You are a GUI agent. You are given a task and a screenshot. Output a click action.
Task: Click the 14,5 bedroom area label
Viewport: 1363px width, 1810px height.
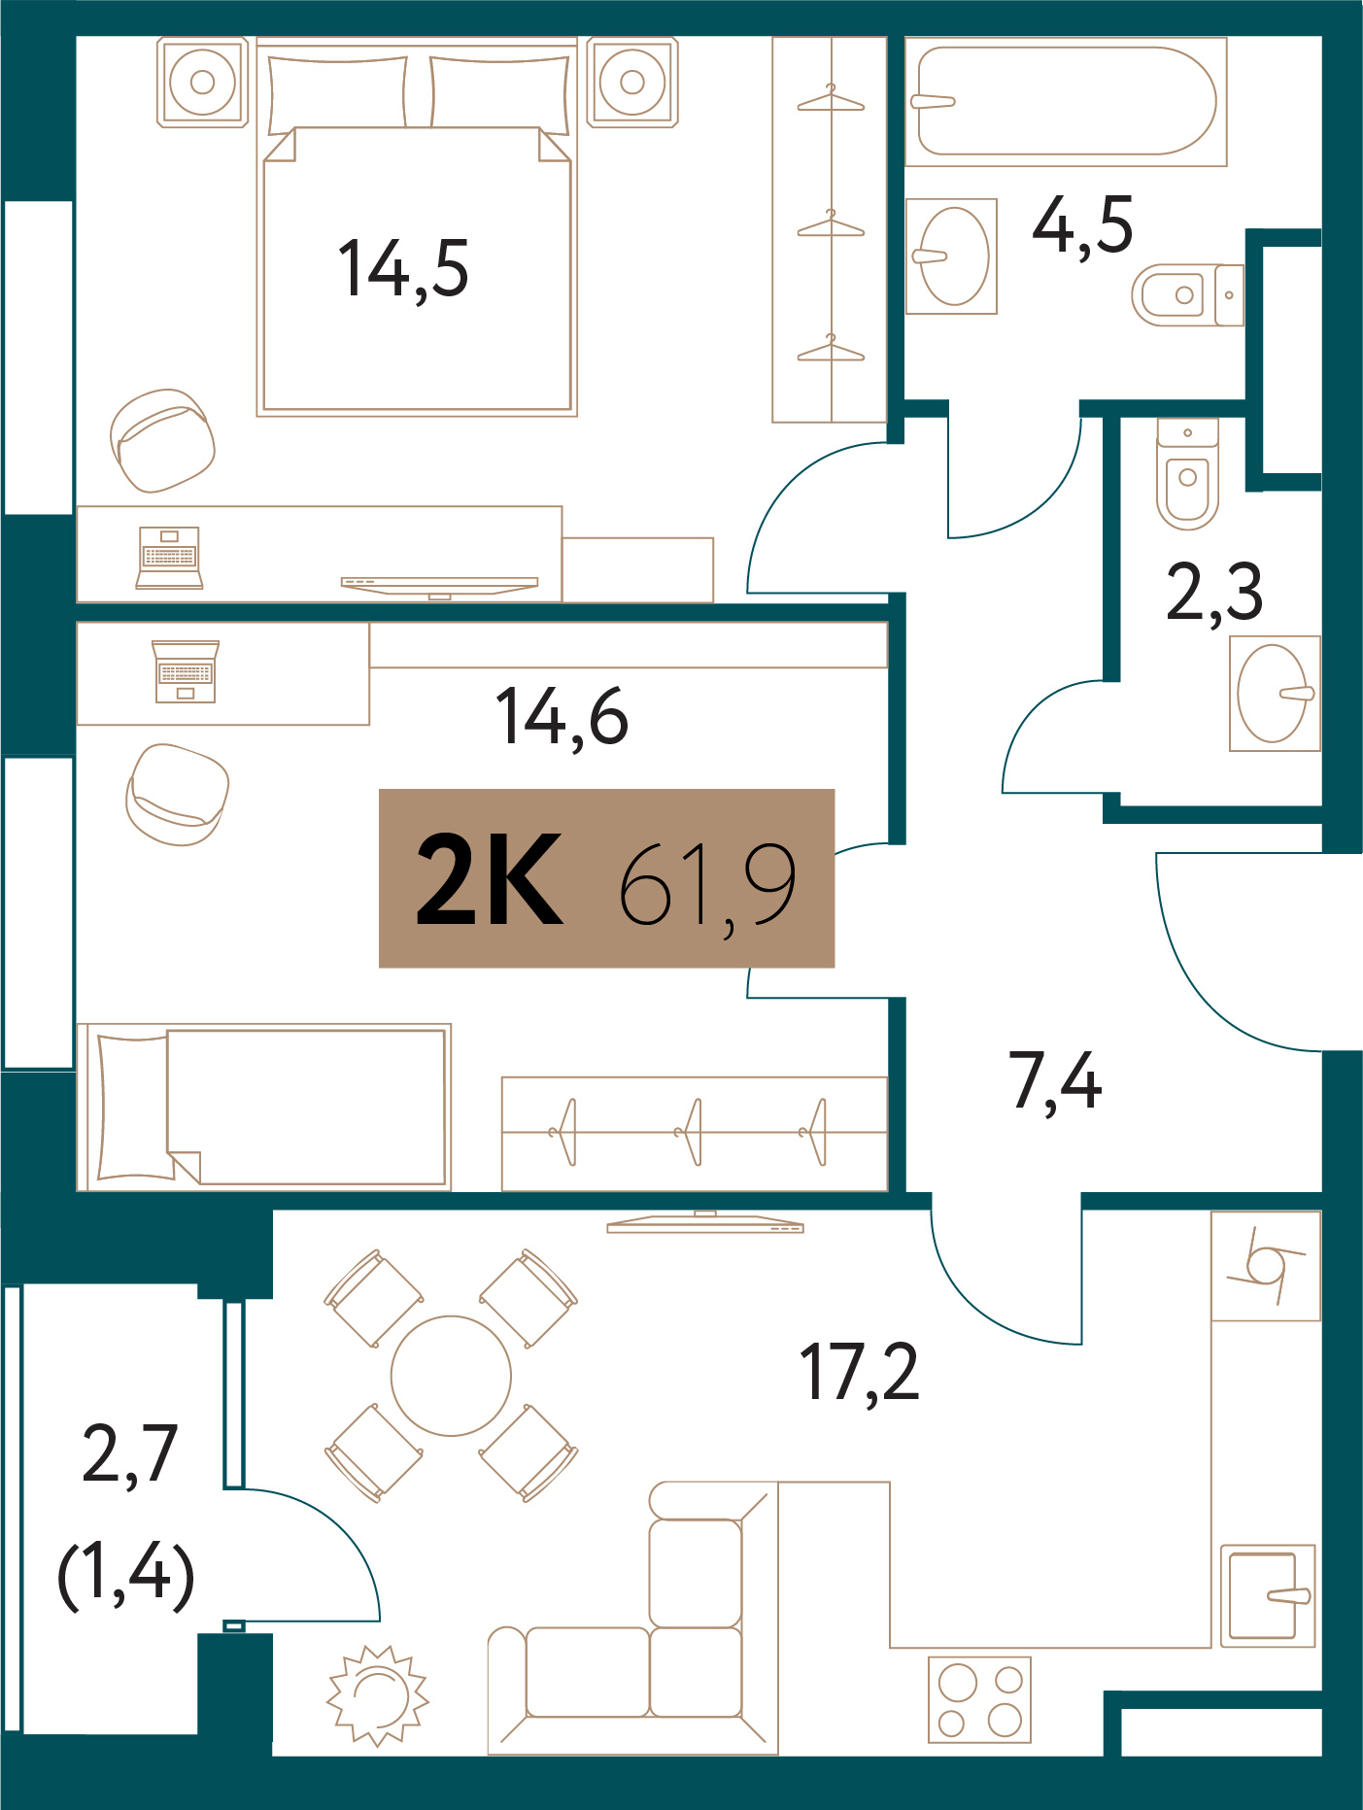coord(403,269)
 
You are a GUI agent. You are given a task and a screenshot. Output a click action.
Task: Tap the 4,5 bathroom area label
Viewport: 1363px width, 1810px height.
coord(1082,225)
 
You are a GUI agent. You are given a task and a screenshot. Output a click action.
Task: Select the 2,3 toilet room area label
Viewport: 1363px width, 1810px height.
coord(1214,592)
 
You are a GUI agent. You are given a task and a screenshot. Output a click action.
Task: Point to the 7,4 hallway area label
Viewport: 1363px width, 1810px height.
coord(1055,1081)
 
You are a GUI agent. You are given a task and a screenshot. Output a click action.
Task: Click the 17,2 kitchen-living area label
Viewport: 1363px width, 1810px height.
coord(859,1372)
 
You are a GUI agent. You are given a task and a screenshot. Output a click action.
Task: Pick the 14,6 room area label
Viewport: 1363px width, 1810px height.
coord(562,717)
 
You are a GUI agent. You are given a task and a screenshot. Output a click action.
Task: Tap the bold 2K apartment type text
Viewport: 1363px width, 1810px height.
coord(490,879)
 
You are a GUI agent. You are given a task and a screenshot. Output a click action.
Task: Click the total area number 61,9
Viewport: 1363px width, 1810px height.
coord(707,886)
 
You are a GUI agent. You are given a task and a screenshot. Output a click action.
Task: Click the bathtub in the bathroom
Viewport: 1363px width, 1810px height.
coord(1066,102)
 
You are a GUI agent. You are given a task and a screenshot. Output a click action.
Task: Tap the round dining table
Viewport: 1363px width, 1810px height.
coord(451,1376)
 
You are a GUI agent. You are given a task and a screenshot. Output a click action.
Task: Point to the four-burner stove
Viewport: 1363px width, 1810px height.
coord(979,1699)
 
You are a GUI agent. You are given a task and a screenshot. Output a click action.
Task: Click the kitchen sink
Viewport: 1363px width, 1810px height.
coord(1268,1596)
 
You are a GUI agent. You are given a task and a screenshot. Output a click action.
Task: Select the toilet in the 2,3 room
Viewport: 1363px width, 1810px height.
coord(1187,474)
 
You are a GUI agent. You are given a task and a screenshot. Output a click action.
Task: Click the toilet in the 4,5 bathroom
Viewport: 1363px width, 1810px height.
coord(1187,294)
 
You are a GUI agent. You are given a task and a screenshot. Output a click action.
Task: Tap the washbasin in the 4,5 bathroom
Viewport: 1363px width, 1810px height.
coord(951,256)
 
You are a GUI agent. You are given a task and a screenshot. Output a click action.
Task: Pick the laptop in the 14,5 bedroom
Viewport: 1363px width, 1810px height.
coord(169,558)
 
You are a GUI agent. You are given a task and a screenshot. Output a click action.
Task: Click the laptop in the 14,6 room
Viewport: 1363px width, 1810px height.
coord(186,670)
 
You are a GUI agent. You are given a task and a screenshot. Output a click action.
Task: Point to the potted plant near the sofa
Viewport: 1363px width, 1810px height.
coord(377,1695)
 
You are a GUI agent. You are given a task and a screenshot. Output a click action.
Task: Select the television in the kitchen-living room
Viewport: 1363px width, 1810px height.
coord(705,1222)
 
